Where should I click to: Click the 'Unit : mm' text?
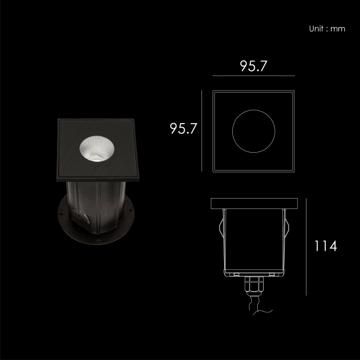tap(327, 28)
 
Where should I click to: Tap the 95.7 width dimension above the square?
tap(254, 66)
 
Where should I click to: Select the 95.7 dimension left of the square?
tap(183, 128)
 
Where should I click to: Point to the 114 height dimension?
tap(326, 246)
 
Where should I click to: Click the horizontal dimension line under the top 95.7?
tap(254, 75)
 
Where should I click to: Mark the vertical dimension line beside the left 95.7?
tap(202, 131)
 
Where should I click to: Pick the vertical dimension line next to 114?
tap(306, 247)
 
